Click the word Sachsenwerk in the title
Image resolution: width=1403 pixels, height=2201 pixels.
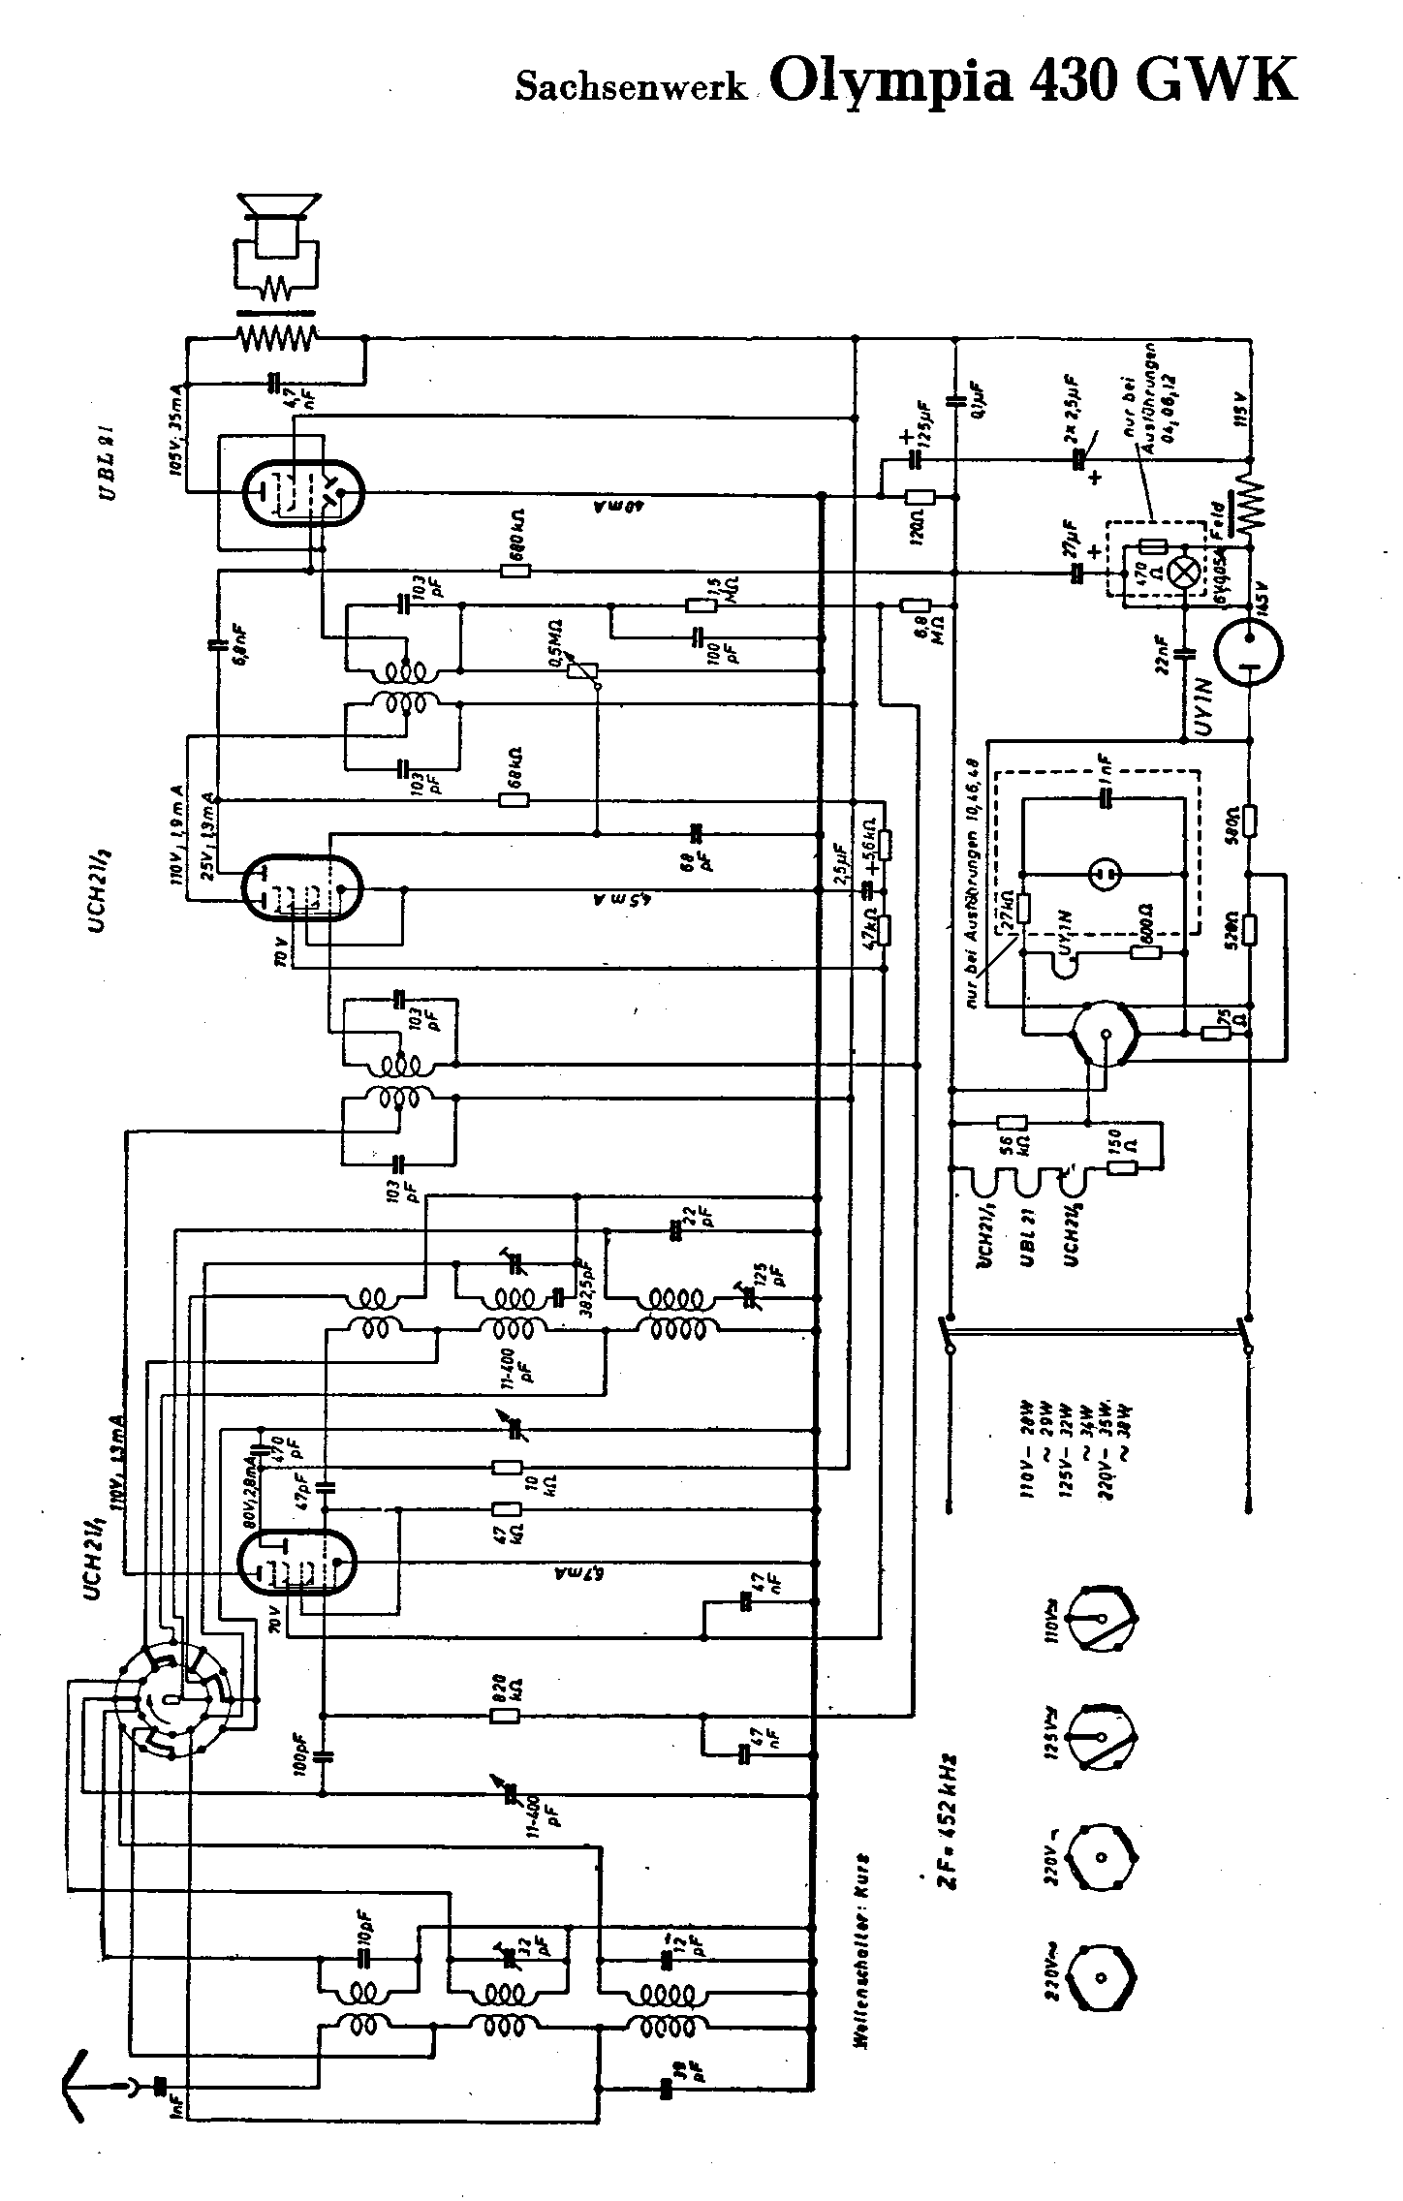pyautogui.click(x=631, y=88)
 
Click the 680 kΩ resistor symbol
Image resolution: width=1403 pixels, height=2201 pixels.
pyautogui.click(x=515, y=571)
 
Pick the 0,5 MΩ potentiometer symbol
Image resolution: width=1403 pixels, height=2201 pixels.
pyautogui.click(x=581, y=668)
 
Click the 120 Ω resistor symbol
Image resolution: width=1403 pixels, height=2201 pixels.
pyautogui.click(x=918, y=497)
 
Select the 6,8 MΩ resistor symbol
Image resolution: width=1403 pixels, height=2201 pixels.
pyautogui.click(x=916, y=605)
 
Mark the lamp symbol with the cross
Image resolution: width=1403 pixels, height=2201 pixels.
pyautogui.click(x=1182, y=573)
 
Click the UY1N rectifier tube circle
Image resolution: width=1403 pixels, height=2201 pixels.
pyautogui.click(x=1248, y=650)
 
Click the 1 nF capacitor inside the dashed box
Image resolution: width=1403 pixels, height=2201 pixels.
pyautogui.click(x=1106, y=798)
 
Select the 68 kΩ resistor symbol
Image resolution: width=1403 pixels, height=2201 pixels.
pyautogui.click(x=514, y=800)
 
